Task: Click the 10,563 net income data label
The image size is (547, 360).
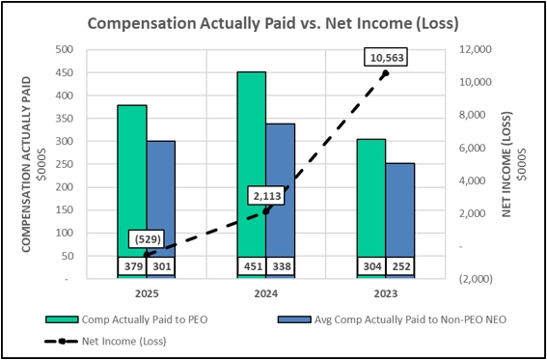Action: click(386, 57)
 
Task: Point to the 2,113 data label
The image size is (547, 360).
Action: click(266, 196)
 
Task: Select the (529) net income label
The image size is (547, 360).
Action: click(147, 238)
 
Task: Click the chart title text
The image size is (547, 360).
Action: click(274, 22)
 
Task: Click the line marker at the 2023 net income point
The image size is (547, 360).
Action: click(386, 73)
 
